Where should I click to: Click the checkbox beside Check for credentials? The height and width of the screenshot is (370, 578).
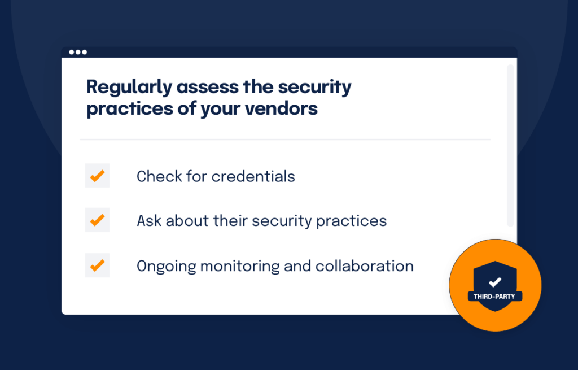tap(97, 176)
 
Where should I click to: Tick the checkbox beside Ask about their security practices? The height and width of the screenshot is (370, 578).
tap(97, 220)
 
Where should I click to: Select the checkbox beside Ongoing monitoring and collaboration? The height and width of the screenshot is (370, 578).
tap(97, 265)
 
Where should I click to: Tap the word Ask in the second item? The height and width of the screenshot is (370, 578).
tap(148, 220)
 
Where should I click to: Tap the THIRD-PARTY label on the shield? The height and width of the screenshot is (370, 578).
tap(494, 296)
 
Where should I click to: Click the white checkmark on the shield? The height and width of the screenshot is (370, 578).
tap(495, 281)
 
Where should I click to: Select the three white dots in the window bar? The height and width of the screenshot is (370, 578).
tap(78, 53)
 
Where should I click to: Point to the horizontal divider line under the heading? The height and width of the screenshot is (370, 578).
tap(285, 140)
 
